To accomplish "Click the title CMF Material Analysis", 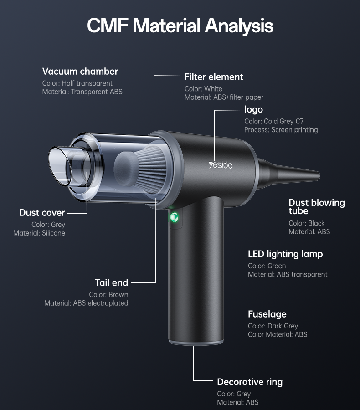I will click(x=180, y=26).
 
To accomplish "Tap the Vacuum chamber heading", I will click(x=80, y=72).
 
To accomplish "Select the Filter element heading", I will click(x=214, y=77).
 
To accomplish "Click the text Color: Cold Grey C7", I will click(x=274, y=121).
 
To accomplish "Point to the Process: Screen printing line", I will click(x=281, y=130).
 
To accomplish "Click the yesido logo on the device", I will click(x=221, y=164).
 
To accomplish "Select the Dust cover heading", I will click(x=42, y=213).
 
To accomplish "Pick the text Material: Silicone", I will click(x=39, y=233).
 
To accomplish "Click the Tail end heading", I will click(x=112, y=283).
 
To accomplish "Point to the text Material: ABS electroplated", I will click(x=86, y=303).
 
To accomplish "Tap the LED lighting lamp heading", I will click(x=285, y=254).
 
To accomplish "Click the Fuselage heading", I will click(x=267, y=314).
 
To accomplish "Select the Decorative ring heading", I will click(x=250, y=382).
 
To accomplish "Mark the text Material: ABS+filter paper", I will click(x=224, y=97).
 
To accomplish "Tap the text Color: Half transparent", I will click(x=77, y=83).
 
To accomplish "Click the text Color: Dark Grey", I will click(x=273, y=326).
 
